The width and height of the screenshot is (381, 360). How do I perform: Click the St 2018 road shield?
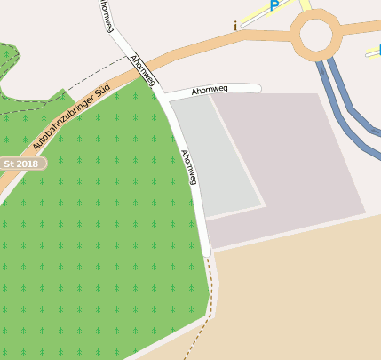[21, 164]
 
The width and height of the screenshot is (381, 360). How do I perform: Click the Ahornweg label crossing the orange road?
[143, 70]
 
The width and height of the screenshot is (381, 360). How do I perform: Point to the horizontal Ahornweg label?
[210, 90]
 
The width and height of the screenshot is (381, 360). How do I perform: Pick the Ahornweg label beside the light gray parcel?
[188, 166]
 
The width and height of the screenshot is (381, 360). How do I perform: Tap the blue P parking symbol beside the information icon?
[274, 5]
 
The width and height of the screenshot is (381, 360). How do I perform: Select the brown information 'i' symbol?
[235, 26]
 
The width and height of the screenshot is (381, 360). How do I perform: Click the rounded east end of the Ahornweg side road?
[257, 88]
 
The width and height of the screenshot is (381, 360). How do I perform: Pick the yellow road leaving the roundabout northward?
[306, 7]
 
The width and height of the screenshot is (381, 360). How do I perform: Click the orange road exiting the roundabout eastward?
[361, 28]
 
